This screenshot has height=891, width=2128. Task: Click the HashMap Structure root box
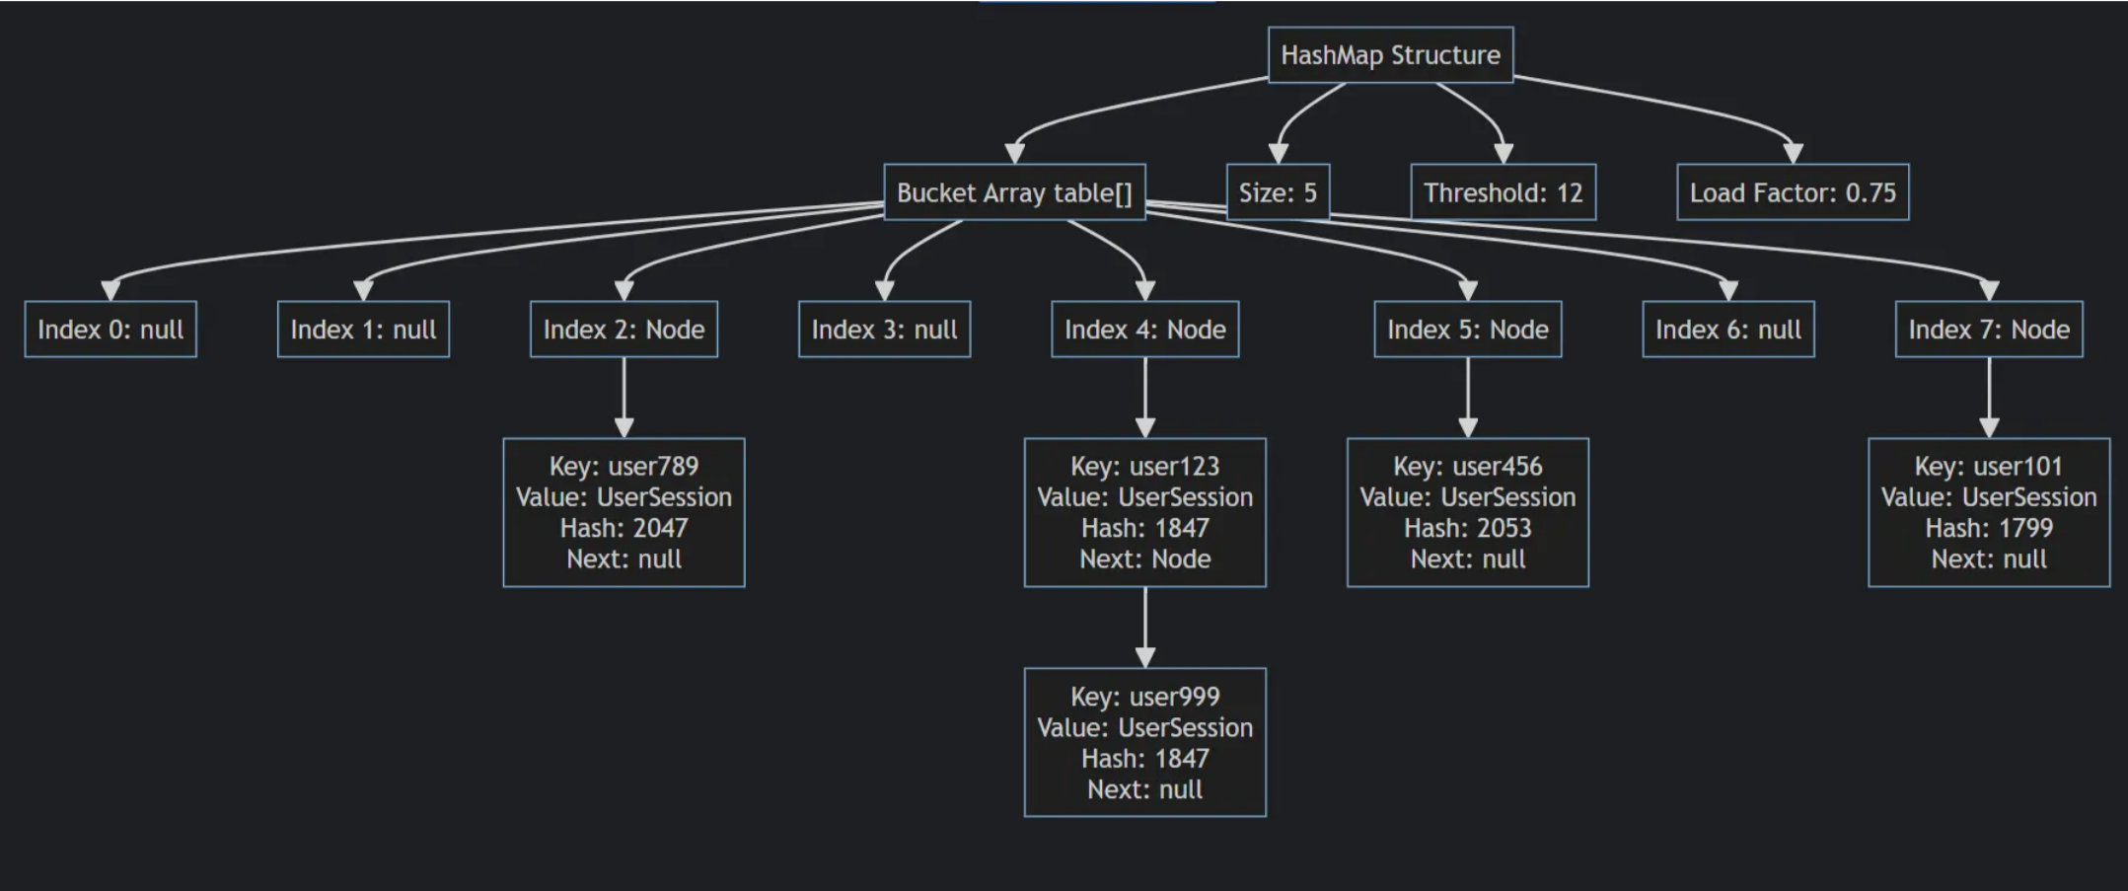tap(1389, 55)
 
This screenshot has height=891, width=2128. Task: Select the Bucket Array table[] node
tap(1013, 192)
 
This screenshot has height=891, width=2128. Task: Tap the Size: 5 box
tap(1277, 192)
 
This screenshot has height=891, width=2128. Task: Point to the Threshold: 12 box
tap(1502, 192)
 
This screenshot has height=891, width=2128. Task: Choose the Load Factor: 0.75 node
tap(1792, 192)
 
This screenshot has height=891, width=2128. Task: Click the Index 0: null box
tap(110, 330)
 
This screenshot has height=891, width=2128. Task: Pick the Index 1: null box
tap(363, 330)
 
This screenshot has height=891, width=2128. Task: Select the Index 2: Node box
tap(624, 330)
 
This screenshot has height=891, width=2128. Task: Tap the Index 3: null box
tap(884, 330)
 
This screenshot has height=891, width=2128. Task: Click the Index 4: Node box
tap(1144, 330)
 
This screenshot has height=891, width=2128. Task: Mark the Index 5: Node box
tap(1467, 330)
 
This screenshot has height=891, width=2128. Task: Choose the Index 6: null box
tap(1727, 330)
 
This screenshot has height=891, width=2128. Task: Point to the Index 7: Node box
tap(1988, 330)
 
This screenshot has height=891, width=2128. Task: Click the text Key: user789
tap(624, 467)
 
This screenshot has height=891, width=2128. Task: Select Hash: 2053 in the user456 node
tap(1467, 528)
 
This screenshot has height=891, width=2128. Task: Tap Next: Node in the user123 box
tap(1144, 559)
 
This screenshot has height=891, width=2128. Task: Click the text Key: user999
tap(1144, 697)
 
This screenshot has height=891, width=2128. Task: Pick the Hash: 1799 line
tap(1988, 528)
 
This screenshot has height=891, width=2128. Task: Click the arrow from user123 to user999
tap(1144, 627)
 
